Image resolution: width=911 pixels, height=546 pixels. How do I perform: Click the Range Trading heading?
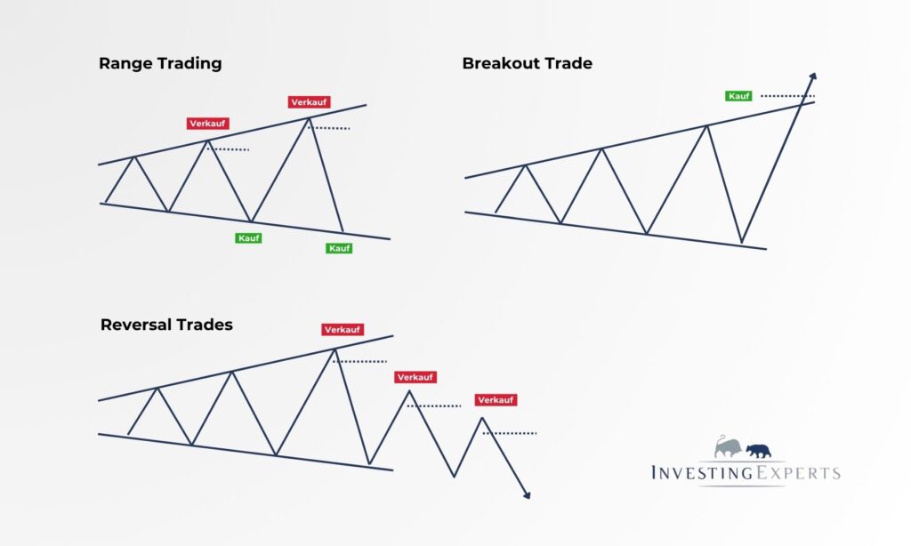click(x=160, y=63)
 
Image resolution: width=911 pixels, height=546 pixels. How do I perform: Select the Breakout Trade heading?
click(x=527, y=63)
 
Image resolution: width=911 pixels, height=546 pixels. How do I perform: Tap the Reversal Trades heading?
click(x=166, y=325)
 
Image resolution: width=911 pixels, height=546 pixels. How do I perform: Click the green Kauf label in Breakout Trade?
click(x=738, y=96)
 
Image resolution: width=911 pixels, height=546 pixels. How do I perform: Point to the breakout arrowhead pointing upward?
click(x=813, y=77)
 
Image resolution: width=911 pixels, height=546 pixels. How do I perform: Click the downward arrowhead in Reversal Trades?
click(x=527, y=494)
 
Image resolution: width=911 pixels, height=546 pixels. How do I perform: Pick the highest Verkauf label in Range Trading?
click(x=309, y=102)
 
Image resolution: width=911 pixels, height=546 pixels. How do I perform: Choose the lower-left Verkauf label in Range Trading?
click(x=208, y=123)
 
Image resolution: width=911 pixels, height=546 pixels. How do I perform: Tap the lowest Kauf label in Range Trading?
click(x=339, y=248)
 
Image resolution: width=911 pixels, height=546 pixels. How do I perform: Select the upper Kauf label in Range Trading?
click(x=248, y=237)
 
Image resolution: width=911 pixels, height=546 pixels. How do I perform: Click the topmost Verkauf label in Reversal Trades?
click(x=343, y=329)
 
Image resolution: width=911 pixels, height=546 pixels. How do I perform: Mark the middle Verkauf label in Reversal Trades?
click(x=415, y=377)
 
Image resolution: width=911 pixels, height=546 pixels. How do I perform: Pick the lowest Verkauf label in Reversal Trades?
click(x=496, y=399)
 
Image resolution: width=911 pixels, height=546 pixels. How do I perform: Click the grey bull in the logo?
click(x=728, y=446)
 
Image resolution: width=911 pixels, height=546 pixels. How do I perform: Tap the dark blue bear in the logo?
click(x=758, y=451)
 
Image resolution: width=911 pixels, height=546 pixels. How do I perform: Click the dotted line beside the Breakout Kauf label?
click(x=788, y=96)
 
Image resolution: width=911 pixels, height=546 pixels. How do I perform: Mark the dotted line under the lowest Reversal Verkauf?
click(x=510, y=433)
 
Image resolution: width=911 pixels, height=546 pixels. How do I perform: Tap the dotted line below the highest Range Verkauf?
click(x=329, y=128)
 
